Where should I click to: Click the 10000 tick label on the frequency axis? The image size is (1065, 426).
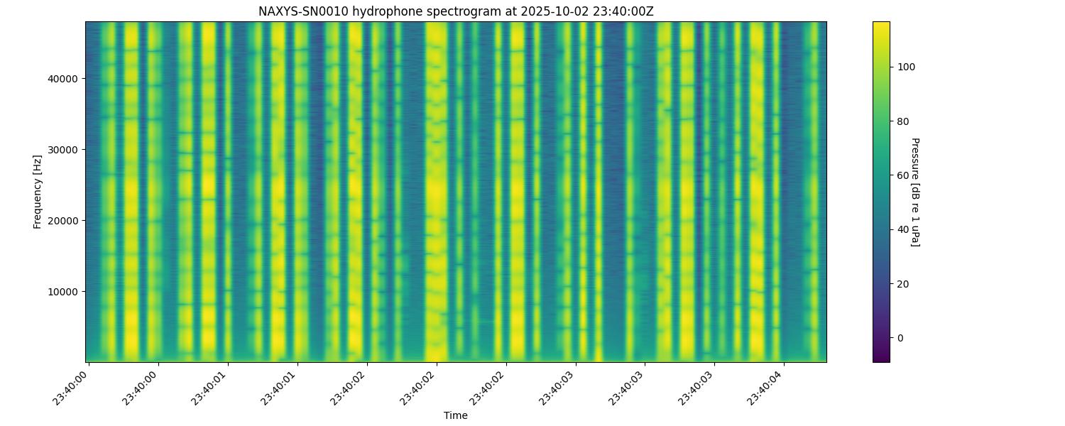pyautogui.click(x=62, y=291)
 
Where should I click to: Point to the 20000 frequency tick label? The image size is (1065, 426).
pyautogui.click(x=62, y=220)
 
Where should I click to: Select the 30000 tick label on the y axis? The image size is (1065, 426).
pyautogui.click(x=62, y=149)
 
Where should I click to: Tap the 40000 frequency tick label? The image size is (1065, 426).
pyautogui.click(x=62, y=78)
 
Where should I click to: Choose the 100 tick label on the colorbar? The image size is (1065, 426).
pyautogui.click(x=907, y=67)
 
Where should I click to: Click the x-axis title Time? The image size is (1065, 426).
pyautogui.click(x=455, y=415)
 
